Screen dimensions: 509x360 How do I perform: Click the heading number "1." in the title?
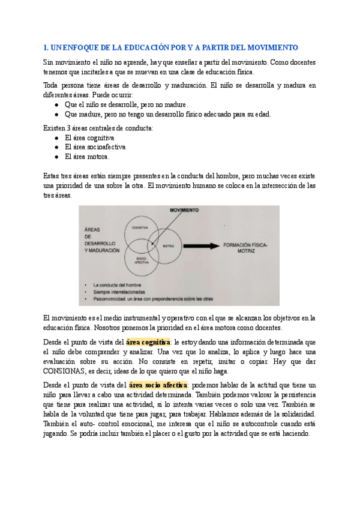[x=47, y=47]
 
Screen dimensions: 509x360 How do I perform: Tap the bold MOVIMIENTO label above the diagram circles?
[x=185, y=211]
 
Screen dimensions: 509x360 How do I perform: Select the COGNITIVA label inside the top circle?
[x=140, y=228]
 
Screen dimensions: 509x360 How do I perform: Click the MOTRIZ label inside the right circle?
[x=169, y=246]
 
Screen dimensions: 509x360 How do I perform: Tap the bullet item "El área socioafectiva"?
[x=95, y=147]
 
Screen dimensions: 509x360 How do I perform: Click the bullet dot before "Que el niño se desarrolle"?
[x=56, y=104]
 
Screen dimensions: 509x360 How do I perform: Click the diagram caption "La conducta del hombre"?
[x=115, y=285]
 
